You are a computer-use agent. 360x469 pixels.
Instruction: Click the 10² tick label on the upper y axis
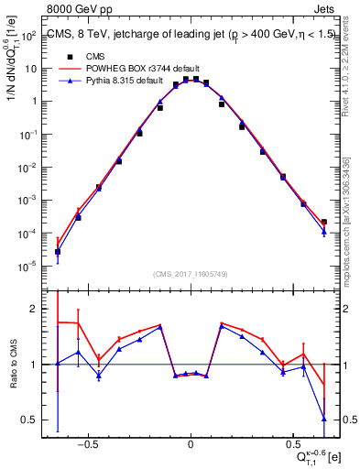(x=28, y=35)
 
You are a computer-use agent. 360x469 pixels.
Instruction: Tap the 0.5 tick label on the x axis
(x=293, y=442)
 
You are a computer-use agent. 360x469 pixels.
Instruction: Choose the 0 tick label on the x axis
(x=191, y=442)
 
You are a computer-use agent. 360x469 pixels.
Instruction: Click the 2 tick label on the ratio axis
(x=33, y=309)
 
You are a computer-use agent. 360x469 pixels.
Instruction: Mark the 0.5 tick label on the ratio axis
(x=30, y=420)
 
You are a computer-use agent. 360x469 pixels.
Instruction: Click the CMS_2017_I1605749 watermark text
(x=191, y=274)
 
